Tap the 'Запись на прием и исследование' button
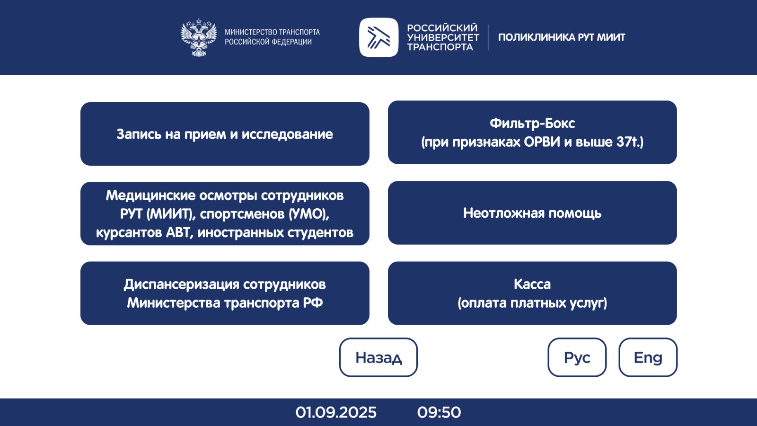point(225,134)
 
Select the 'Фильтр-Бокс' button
point(532,132)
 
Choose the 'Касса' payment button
point(532,293)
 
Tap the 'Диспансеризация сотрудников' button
point(225,293)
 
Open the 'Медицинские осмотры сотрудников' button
point(225,213)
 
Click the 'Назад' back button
point(378,357)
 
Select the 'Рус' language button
point(577,357)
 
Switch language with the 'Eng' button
point(648,357)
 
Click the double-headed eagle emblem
point(199,37)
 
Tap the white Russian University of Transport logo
point(379,37)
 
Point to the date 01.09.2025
point(336,412)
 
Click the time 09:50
point(439,412)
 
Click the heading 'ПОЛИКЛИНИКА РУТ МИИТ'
point(562,37)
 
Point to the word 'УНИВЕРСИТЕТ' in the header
point(443,37)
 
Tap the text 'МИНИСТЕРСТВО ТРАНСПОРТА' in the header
point(273,32)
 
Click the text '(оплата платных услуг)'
point(532,303)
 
